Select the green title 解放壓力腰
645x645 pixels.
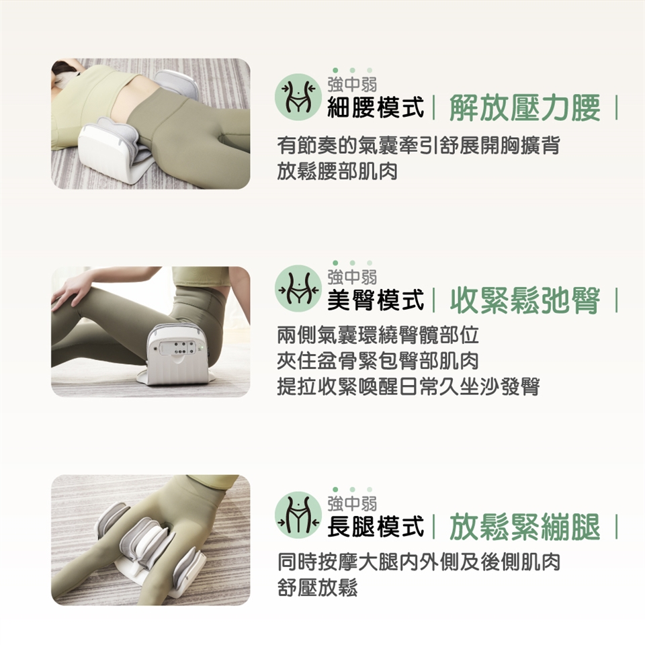(x=525, y=107)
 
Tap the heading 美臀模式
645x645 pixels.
(x=375, y=299)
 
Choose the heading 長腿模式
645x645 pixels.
(x=375, y=526)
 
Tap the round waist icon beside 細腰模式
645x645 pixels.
(x=298, y=97)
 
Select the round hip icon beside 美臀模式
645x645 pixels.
(x=298, y=288)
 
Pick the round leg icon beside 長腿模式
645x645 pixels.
(x=298, y=516)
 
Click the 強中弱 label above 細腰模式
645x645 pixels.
(x=352, y=85)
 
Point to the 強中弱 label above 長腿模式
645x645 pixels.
(x=352, y=503)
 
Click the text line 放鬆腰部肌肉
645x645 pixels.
(x=337, y=171)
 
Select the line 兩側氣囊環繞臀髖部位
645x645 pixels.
(x=378, y=335)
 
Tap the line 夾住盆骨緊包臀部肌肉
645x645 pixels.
(x=378, y=360)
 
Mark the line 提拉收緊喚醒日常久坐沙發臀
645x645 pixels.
(x=408, y=386)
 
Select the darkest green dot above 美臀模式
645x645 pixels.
(x=335, y=263)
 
